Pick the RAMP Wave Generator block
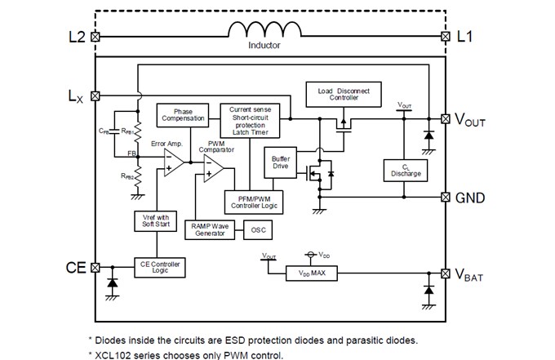click(x=207, y=229)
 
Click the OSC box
click(x=257, y=229)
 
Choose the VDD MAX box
click(x=313, y=273)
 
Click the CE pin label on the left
click(x=75, y=268)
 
